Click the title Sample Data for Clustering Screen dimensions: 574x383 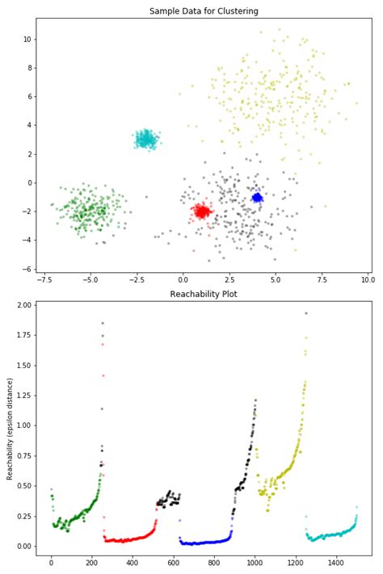click(x=204, y=11)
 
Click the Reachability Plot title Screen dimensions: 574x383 click(x=204, y=294)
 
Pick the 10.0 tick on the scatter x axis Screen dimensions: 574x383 click(x=368, y=279)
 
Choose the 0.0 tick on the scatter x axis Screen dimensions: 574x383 click(x=184, y=279)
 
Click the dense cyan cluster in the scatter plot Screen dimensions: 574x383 click(x=145, y=139)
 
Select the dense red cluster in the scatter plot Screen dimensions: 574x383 click(x=201, y=212)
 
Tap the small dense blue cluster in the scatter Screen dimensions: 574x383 click(x=257, y=197)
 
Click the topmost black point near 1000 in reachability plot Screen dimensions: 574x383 click(x=255, y=400)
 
